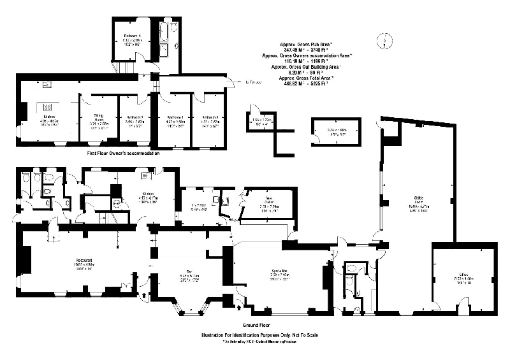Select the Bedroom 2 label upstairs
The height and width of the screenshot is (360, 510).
point(133,118)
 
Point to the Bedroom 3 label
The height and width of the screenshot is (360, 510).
point(210,118)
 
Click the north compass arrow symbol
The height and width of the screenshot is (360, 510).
point(384,41)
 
